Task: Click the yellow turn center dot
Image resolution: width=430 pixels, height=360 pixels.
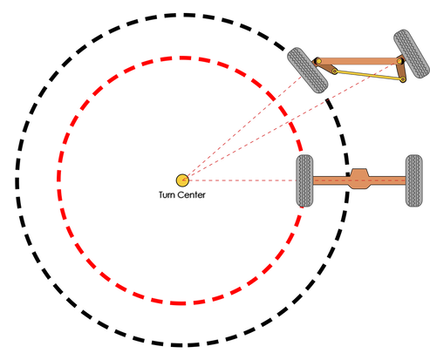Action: click(182, 180)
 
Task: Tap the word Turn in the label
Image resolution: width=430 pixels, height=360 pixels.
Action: click(166, 194)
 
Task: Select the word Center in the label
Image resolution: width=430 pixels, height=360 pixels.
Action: click(190, 194)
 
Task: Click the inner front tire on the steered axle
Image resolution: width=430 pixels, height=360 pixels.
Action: click(308, 71)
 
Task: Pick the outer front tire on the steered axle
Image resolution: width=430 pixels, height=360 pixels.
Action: click(412, 54)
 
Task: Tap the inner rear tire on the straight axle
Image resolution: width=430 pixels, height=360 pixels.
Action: click(304, 180)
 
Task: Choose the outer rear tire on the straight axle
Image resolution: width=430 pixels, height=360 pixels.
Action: click(414, 180)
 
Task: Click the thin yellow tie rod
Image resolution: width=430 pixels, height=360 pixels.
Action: click(369, 75)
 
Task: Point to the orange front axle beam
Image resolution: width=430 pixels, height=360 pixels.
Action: click(358, 61)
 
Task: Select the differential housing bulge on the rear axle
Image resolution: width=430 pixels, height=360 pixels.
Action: click(359, 179)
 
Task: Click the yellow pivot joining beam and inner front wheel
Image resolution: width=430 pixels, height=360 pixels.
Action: click(318, 61)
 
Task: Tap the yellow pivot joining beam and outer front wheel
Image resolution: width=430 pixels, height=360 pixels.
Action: click(399, 61)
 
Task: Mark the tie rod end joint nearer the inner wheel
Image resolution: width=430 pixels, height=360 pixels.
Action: click(335, 71)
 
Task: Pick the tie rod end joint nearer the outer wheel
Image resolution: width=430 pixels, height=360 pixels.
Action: click(403, 79)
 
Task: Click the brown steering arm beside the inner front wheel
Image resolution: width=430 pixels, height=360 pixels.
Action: click(325, 66)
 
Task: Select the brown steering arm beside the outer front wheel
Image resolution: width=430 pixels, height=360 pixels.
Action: click(401, 69)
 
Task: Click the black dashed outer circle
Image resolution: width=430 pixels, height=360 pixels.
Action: click(17, 180)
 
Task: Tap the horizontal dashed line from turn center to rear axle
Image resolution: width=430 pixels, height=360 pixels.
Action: click(242, 180)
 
